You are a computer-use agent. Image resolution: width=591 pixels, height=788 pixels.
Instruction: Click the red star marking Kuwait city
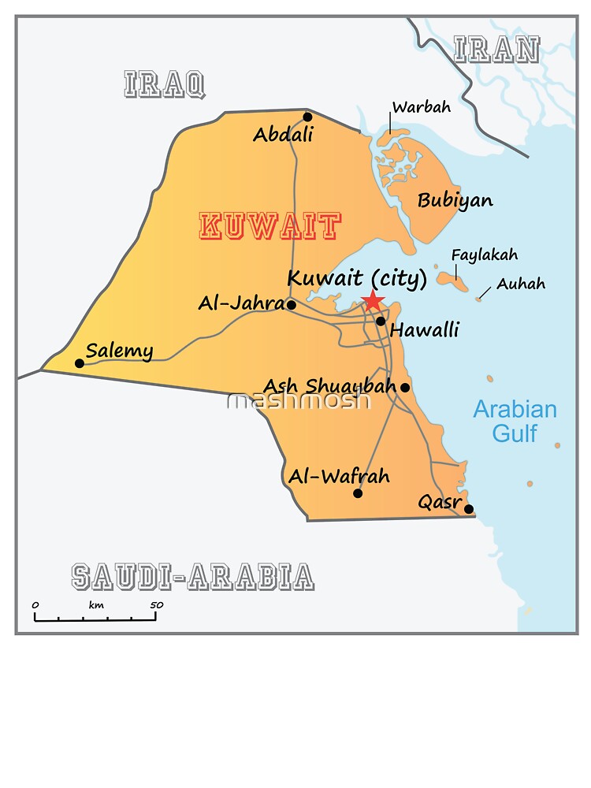click(x=372, y=301)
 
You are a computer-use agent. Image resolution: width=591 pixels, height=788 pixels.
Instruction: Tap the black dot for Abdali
click(x=307, y=117)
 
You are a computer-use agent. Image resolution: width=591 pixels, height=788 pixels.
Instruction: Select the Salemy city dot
click(x=79, y=363)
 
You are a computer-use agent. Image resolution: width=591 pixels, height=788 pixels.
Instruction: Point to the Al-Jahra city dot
click(x=291, y=305)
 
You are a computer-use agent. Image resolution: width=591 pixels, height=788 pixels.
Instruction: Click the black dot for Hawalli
click(x=381, y=321)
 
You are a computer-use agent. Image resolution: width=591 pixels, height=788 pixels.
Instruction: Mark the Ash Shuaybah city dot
click(x=405, y=387)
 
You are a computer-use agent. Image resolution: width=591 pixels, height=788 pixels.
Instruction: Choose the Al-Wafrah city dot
click(x=358, y=493)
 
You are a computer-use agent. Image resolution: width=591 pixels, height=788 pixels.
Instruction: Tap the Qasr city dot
click(x=469, y=509)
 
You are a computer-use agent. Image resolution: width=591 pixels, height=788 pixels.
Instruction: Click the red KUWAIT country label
click(x=270, y=227)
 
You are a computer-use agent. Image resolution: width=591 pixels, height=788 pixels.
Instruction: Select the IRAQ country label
click(x=165, y=84)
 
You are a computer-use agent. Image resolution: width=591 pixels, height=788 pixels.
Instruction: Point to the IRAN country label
click(x=496, y=50)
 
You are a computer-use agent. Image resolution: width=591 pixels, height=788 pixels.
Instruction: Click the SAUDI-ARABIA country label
click(x=192, y=578)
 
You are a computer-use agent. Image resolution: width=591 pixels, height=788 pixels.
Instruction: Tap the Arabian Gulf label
click(x=515, y=421)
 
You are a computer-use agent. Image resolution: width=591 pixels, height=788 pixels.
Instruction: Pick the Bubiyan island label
click(x=455, y=200)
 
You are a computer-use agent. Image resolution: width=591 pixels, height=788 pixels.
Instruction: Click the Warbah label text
click(x=422, y=107)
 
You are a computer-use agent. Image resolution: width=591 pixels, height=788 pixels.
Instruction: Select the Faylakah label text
click(x=484, y=255)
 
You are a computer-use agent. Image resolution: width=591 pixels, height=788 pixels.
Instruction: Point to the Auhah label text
click(x=520, y=284)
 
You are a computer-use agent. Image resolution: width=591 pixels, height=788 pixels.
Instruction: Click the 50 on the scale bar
click(x=156, y=605)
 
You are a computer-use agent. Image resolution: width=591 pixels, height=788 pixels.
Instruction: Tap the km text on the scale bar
click(x=96, y=605)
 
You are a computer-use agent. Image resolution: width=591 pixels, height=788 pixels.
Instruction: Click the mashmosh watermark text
click(x=299, y=401)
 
